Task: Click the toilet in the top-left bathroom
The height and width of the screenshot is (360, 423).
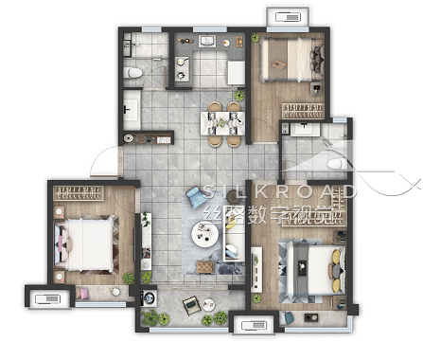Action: (x=132, y=73)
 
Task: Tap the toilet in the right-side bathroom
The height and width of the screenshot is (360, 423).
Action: (x=338, y=164)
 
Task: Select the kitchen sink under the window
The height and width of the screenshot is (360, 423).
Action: (x=207, y=42)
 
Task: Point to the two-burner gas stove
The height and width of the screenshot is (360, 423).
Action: (x=181, y=68)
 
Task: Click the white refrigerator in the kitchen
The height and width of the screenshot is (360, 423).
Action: (x=237, y=73)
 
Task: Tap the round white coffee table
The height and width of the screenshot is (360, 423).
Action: (x=204, y=234)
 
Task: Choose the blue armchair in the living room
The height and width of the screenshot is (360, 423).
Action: (x=196, y=196)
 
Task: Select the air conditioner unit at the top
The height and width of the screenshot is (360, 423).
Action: (x=288, y=17)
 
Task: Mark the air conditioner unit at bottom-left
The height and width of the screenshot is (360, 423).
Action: (x=47, y=298)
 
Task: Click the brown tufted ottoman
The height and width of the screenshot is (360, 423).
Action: (x=205, y=267)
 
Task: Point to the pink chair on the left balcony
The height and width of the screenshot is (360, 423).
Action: (x=84, y=294)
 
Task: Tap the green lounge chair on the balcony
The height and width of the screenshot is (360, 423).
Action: (x=192, y=305)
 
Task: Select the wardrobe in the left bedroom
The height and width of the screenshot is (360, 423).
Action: (x=79, y=193)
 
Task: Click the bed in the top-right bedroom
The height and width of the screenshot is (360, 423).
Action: (x=291, y=59)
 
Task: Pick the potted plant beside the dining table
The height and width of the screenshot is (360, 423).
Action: (x=239, y=95)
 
